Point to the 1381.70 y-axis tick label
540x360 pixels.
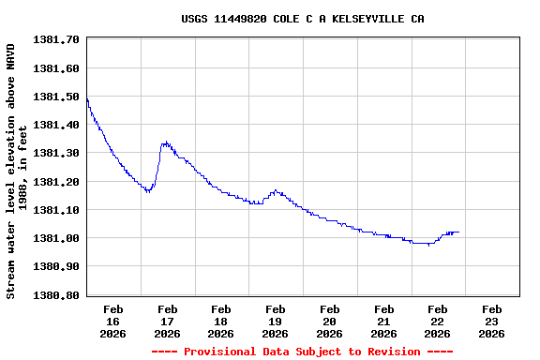coord(55,39)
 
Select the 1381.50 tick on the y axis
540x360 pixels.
coord(55,97)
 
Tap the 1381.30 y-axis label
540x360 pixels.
coord(55,153)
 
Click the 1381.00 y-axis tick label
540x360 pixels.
coord(55,238)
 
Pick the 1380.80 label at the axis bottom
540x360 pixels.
coord(55,295)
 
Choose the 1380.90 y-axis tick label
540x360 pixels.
coord(55,266)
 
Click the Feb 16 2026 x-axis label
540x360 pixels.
coord(113,321)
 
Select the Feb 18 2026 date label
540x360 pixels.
coord(221,321)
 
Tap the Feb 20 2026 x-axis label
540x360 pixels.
coord(329,321)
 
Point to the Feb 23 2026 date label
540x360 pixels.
coord(491,321)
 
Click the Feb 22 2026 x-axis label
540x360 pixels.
coord(437,321)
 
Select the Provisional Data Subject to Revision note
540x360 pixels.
coord(302,352)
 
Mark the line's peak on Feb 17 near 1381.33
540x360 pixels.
coord(165,142)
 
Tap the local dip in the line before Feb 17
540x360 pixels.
coord(147,191)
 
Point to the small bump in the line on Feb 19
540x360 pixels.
coord(276,191)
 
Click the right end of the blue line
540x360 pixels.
coord(458,232)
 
